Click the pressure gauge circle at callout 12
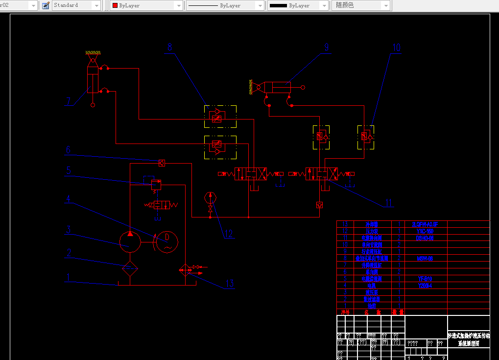[211, 198]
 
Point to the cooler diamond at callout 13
[186, 270]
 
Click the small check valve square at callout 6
[162, 163]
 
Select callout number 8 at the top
[169, 47]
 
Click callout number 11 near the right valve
[389, 203]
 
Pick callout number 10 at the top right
[396, 48]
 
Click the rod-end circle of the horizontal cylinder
[303, 88]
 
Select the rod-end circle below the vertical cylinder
[93, 105]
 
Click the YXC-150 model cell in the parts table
[425, 231]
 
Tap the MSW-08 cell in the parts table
[425, 258]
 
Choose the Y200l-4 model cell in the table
[425, 286]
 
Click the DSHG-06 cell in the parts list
[425, 238]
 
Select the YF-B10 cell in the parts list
[425, 279]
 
